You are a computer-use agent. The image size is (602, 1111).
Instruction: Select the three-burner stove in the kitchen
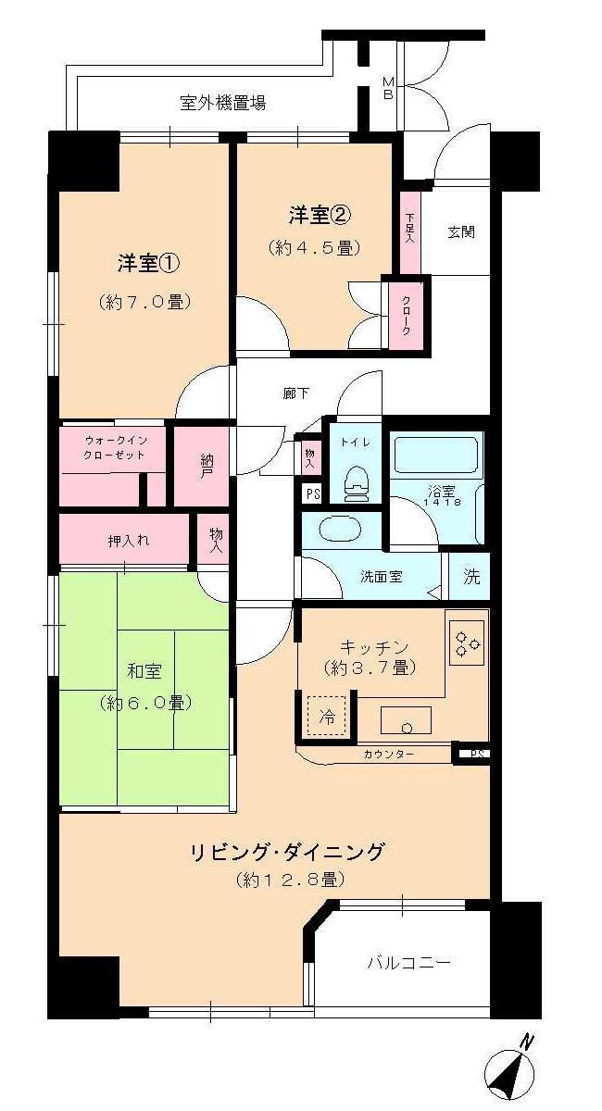466,638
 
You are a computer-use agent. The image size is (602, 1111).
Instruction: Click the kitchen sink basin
406,719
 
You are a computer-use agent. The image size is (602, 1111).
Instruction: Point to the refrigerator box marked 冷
327,716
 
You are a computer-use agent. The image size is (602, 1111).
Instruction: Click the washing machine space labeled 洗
471,577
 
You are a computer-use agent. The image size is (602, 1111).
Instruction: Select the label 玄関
461,231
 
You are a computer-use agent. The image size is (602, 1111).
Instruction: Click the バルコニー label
408,963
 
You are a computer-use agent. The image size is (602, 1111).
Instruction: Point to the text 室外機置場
223,102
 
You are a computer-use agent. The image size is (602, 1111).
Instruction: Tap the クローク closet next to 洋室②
406,315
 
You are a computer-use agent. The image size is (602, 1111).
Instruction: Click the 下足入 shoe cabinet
409,227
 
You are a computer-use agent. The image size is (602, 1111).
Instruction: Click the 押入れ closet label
123,539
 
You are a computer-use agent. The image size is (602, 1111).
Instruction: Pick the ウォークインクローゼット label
113,447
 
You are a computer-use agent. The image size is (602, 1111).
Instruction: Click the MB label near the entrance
388,87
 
